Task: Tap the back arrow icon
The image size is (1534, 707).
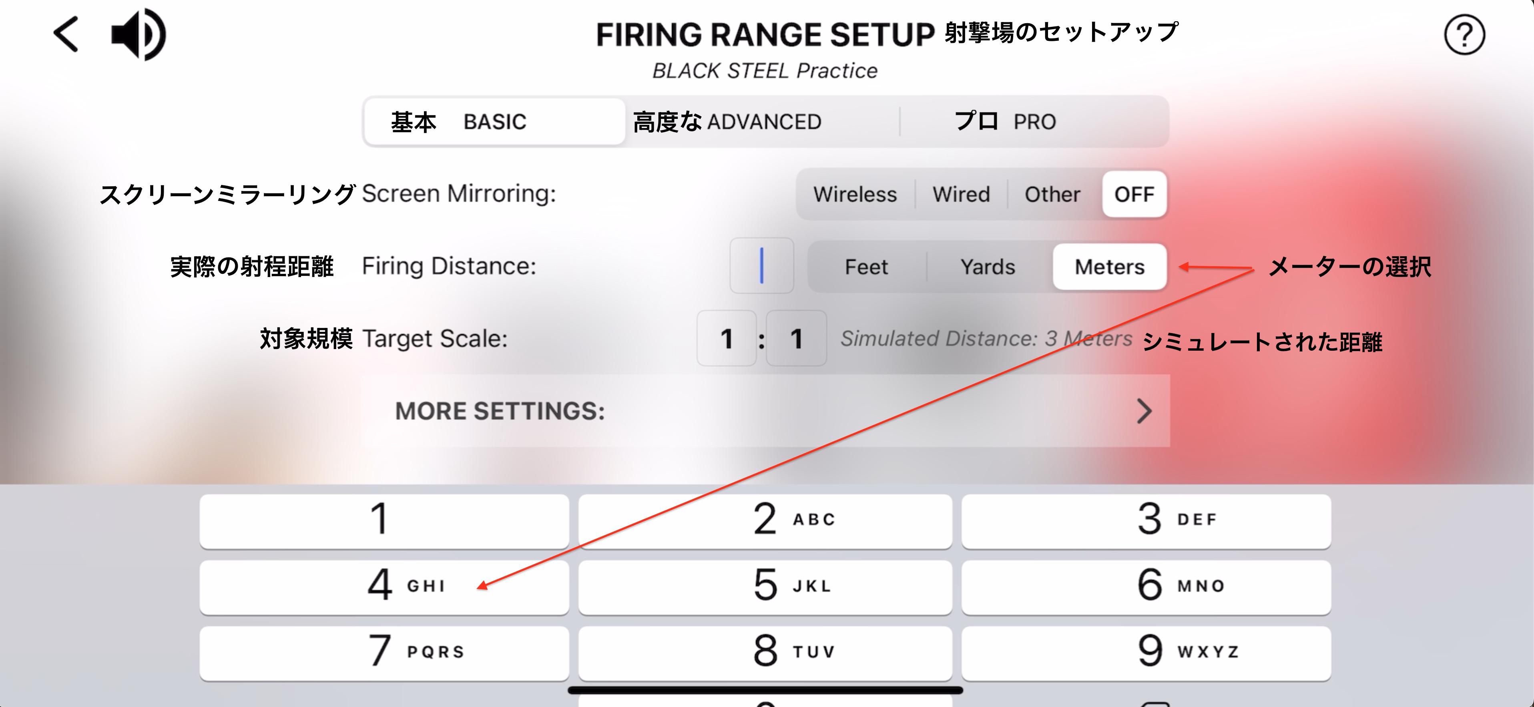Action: click(66, 34)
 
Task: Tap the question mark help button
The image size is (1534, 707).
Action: click(1464, 34)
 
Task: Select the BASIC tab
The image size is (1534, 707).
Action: click(494, 122)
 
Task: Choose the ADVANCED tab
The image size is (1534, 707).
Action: click(764, 122)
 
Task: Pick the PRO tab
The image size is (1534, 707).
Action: click(1034, 122)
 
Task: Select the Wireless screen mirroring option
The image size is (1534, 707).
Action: click(855, 194)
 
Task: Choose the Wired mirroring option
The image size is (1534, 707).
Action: click(961, 194)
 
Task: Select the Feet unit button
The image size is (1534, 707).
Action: click(866, 267)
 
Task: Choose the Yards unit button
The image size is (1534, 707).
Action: click(988, 267)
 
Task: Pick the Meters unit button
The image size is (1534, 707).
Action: click(1109, 267)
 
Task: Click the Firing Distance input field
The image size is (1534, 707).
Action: click(762, 266)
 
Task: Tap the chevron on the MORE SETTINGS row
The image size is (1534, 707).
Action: click(1144, 411)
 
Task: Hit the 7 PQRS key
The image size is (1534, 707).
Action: click(384, 653)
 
